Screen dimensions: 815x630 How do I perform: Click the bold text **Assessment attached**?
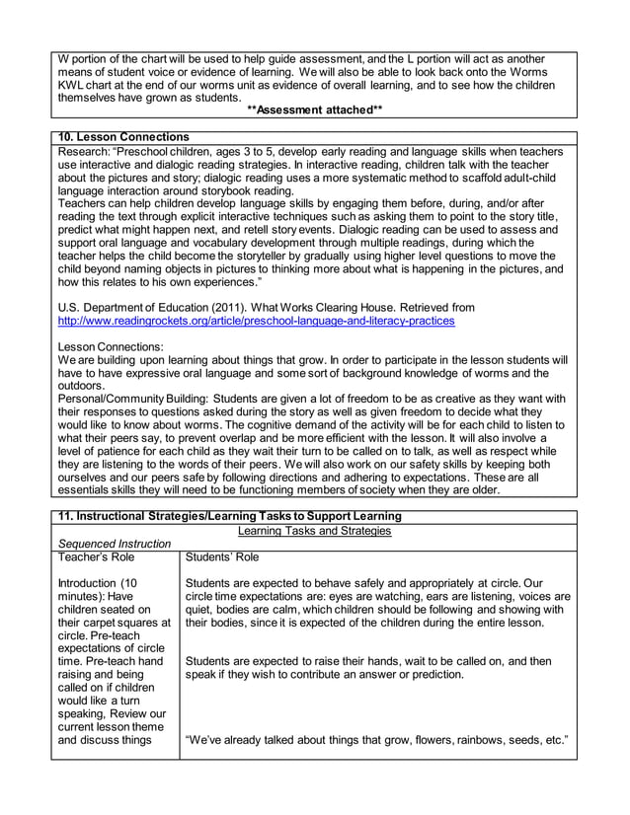[x=314, y=112]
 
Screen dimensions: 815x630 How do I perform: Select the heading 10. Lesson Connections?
[x=123, y=136]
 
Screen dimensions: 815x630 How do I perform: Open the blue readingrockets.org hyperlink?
[x=257, y=322]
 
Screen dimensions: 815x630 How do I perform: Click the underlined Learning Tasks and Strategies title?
[x=315, y=530]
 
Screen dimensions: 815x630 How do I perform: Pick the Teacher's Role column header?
[x=96, y=557]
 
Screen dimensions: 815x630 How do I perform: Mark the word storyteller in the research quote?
[x=241, y=254]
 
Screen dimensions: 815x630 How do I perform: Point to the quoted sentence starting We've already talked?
[x=375, y=740]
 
